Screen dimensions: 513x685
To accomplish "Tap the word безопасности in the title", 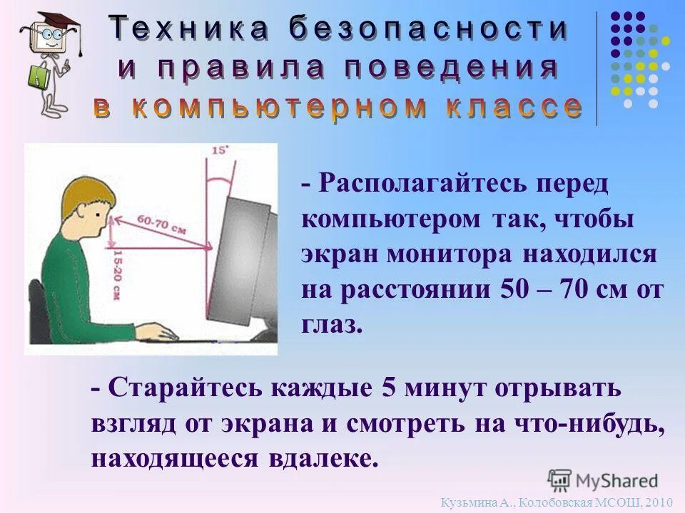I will [x=429, y=29].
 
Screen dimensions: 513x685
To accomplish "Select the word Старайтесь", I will [x=188, y=389].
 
